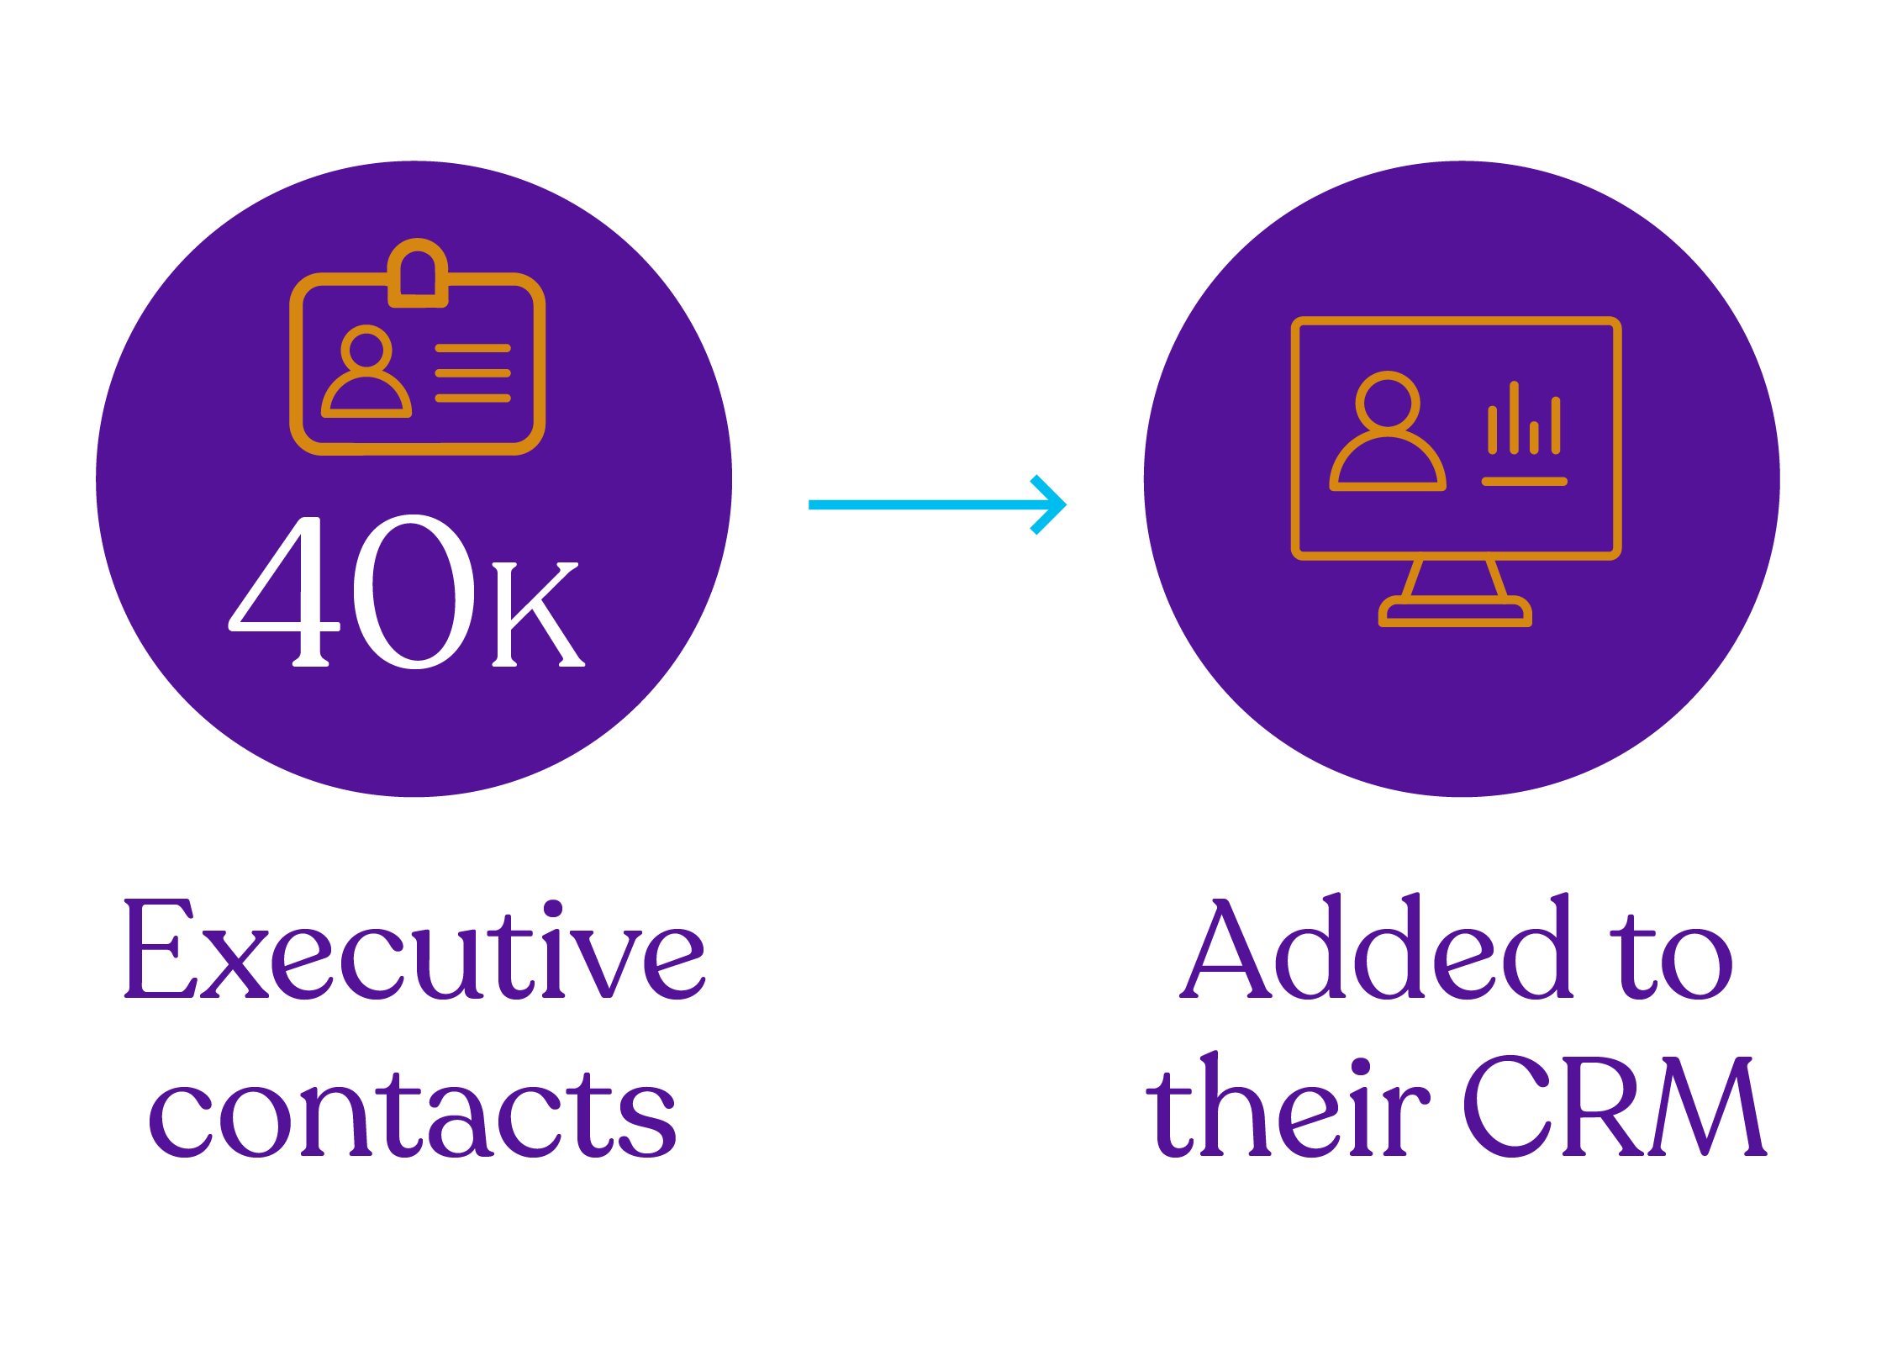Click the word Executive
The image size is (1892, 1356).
pos(414,951)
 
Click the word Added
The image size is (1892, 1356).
pos(1376,949)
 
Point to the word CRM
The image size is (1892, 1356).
pos(1614,1108)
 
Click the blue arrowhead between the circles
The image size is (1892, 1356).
pos(1051,504)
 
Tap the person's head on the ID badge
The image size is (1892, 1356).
pos(366,347)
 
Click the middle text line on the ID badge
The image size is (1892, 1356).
pos(472,373)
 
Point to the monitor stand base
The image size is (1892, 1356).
pos(1455,612)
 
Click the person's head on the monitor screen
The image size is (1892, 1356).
pos(1388,403)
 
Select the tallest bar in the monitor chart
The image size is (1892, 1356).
pos(1514,418)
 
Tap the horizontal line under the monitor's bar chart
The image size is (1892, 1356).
pos(1524,482)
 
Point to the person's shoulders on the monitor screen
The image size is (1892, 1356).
pos(1388,464)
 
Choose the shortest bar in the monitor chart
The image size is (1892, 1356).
pos(1534,437)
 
